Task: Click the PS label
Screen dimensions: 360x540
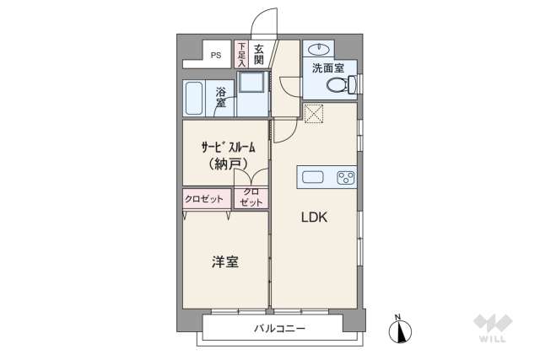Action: pyautogui.click(x=216, y=56)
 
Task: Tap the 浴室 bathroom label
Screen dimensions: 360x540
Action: pyautogui.click(x=220, y=96)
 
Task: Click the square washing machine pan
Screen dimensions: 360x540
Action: pyautogui.click(x=251, y=83)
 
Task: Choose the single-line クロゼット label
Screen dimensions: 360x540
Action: pyautogui.click(x=205, y=199)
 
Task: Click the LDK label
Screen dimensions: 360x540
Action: pyautogui.click(x=315, y=217)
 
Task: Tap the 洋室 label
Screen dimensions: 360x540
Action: pyautogui.click(x=224, y=261)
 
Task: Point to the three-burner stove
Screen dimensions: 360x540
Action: pyautogui.click(x=345, y=176)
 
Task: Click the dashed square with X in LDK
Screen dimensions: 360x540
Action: pyautogui.click(x=315, y=113)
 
